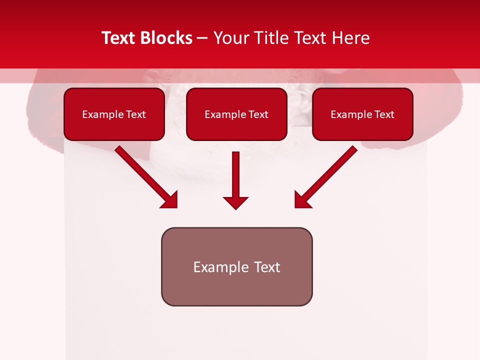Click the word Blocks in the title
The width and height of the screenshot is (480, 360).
point(166,38)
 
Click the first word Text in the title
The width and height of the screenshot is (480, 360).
point(119,38)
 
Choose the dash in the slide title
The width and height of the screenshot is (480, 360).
point(202,38)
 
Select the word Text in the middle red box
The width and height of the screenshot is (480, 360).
point(258,114)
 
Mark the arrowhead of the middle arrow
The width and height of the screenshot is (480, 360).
point(235,202)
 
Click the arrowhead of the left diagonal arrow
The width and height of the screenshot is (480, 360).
point(170,200)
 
